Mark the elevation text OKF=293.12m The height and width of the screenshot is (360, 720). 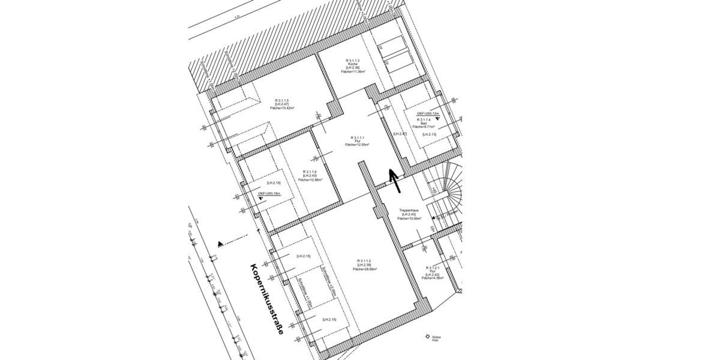[x=428, y=113]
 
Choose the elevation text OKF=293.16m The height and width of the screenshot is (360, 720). [x=269, y=194]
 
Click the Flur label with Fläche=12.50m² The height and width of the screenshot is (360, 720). [x=356, y=140]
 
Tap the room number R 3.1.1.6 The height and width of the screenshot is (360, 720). [x=310, y=172]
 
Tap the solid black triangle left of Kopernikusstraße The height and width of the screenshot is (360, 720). [x=221, y=243]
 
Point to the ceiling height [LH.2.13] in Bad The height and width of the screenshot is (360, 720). [x=429, y=134]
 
